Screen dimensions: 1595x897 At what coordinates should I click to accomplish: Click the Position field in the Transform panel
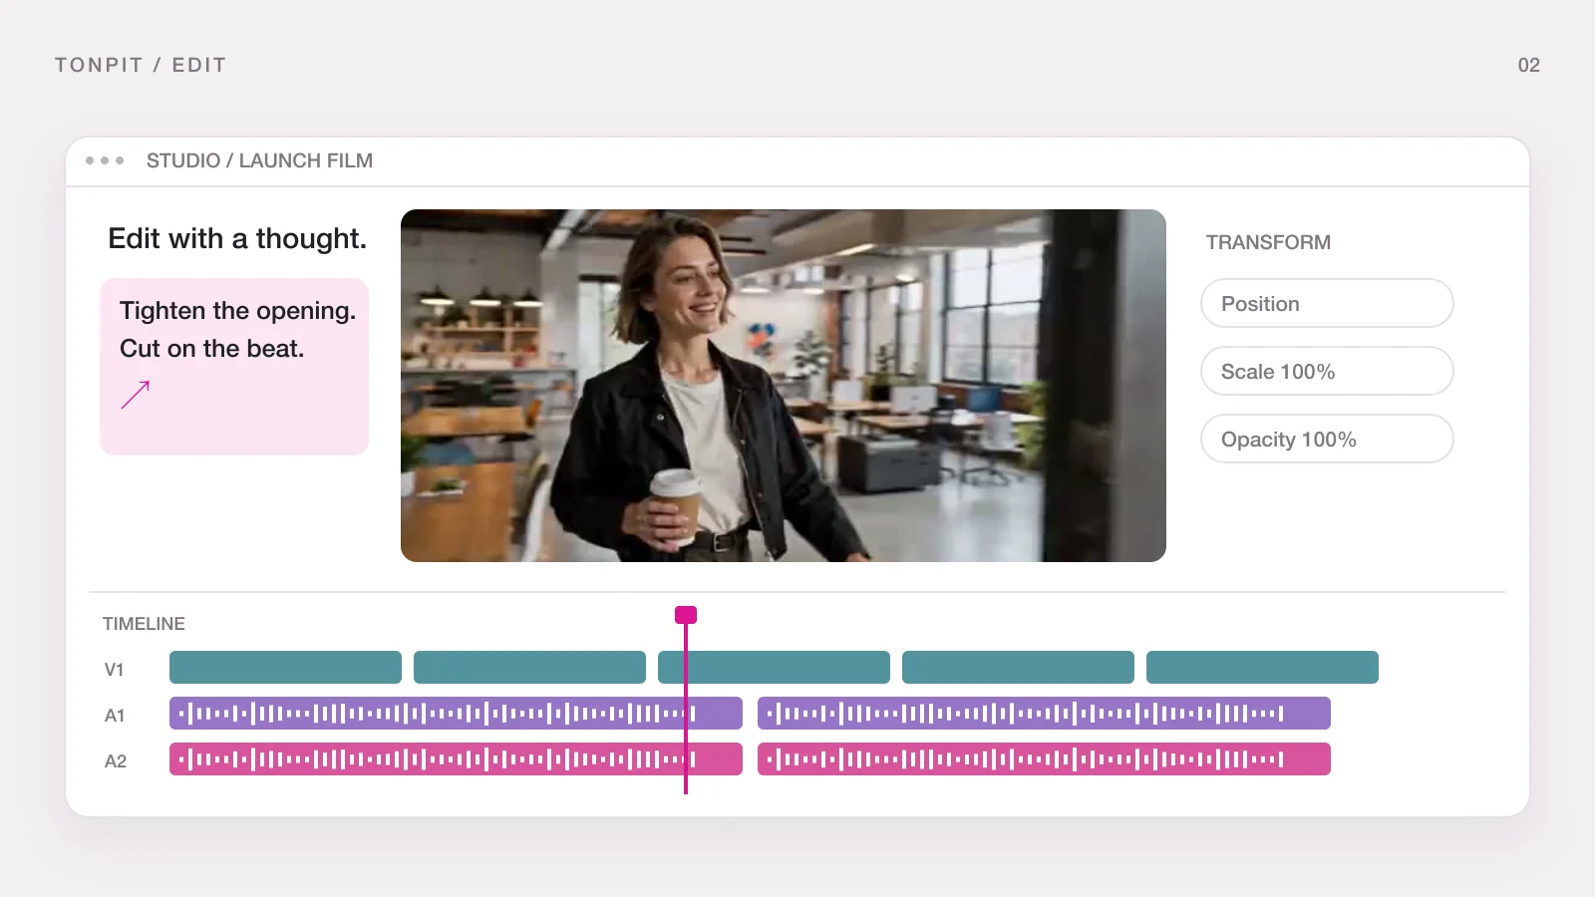(1327, 303)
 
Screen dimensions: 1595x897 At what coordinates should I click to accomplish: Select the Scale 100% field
(1327, 371)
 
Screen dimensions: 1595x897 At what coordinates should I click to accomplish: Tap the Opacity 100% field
(1327, 439)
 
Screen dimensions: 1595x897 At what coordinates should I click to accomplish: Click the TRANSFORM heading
(1268, 243)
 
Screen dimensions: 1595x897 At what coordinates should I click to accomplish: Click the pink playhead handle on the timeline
(686, 615)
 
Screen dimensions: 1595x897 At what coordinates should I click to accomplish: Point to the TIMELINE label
(144, 624)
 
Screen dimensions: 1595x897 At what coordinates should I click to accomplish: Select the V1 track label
(114, 669)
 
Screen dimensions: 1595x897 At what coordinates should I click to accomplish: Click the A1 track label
(115, 715)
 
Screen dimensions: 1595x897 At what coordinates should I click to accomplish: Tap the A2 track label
(116, 761)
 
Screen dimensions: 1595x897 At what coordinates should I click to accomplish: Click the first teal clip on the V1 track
(285, 667)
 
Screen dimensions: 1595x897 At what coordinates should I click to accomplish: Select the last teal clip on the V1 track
(1262, 667)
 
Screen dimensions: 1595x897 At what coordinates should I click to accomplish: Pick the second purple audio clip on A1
(1044, 713)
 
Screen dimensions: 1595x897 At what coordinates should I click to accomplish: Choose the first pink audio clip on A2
(456, 758)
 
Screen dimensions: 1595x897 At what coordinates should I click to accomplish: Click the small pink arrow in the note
(136, 395)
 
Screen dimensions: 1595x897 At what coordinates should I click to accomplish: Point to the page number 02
(1529, 65)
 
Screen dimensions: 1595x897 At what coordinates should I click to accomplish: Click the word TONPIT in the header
(99, 65)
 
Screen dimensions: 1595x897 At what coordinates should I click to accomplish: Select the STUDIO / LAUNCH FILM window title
(260, 160)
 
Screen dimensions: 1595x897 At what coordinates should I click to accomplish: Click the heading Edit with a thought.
(237, 238)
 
